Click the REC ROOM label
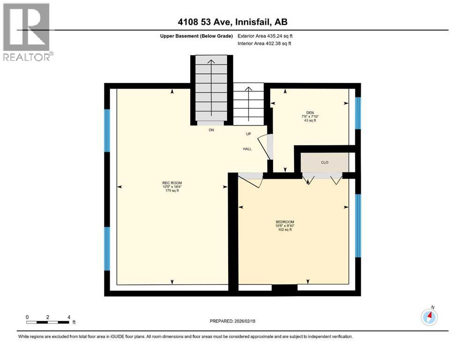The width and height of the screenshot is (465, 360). click(172, 183)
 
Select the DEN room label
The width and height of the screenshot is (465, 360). click(310, 112)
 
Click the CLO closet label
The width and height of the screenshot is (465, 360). click(325, 163)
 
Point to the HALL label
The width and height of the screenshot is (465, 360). click(247, 149)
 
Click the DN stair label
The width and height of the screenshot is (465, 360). click(212, 130)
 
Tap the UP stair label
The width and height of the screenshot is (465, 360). click(249, 134)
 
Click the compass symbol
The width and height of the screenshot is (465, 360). click(429, 317)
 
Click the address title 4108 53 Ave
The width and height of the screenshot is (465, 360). click(232, 22)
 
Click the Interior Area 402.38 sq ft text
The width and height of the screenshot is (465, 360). click(265, 44)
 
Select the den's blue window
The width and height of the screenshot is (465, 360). click(358, 113)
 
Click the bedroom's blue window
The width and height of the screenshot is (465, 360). click(358, 226)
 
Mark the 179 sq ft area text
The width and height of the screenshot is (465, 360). click(172, 191)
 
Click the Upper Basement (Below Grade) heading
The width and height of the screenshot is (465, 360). click(194, 36)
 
